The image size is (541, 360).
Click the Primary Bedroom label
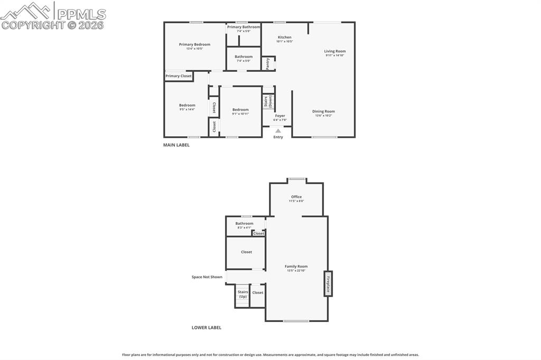(194, 45)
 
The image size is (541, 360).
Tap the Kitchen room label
(284, 37)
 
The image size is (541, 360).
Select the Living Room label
(335, 51)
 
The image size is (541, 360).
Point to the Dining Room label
(323, 111)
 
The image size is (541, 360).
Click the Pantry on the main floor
(268, 63)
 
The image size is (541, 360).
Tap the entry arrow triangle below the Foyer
(278, 130)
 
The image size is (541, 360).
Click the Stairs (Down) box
(268, 101)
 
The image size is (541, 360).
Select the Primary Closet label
(179, 76)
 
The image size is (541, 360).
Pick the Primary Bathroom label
(244, 27)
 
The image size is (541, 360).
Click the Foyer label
(280, 116)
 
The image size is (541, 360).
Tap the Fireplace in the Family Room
(328, 283)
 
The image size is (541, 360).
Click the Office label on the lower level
(296, 197)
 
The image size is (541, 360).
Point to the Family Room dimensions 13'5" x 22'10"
(296, 271)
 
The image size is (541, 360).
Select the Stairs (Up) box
(242, 294)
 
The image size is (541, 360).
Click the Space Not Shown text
(207, 277)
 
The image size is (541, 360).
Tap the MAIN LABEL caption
(176, 145)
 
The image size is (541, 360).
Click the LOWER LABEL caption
(207, 327)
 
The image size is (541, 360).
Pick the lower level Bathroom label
(244, 223)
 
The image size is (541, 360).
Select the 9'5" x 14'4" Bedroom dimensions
(187, 109)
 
